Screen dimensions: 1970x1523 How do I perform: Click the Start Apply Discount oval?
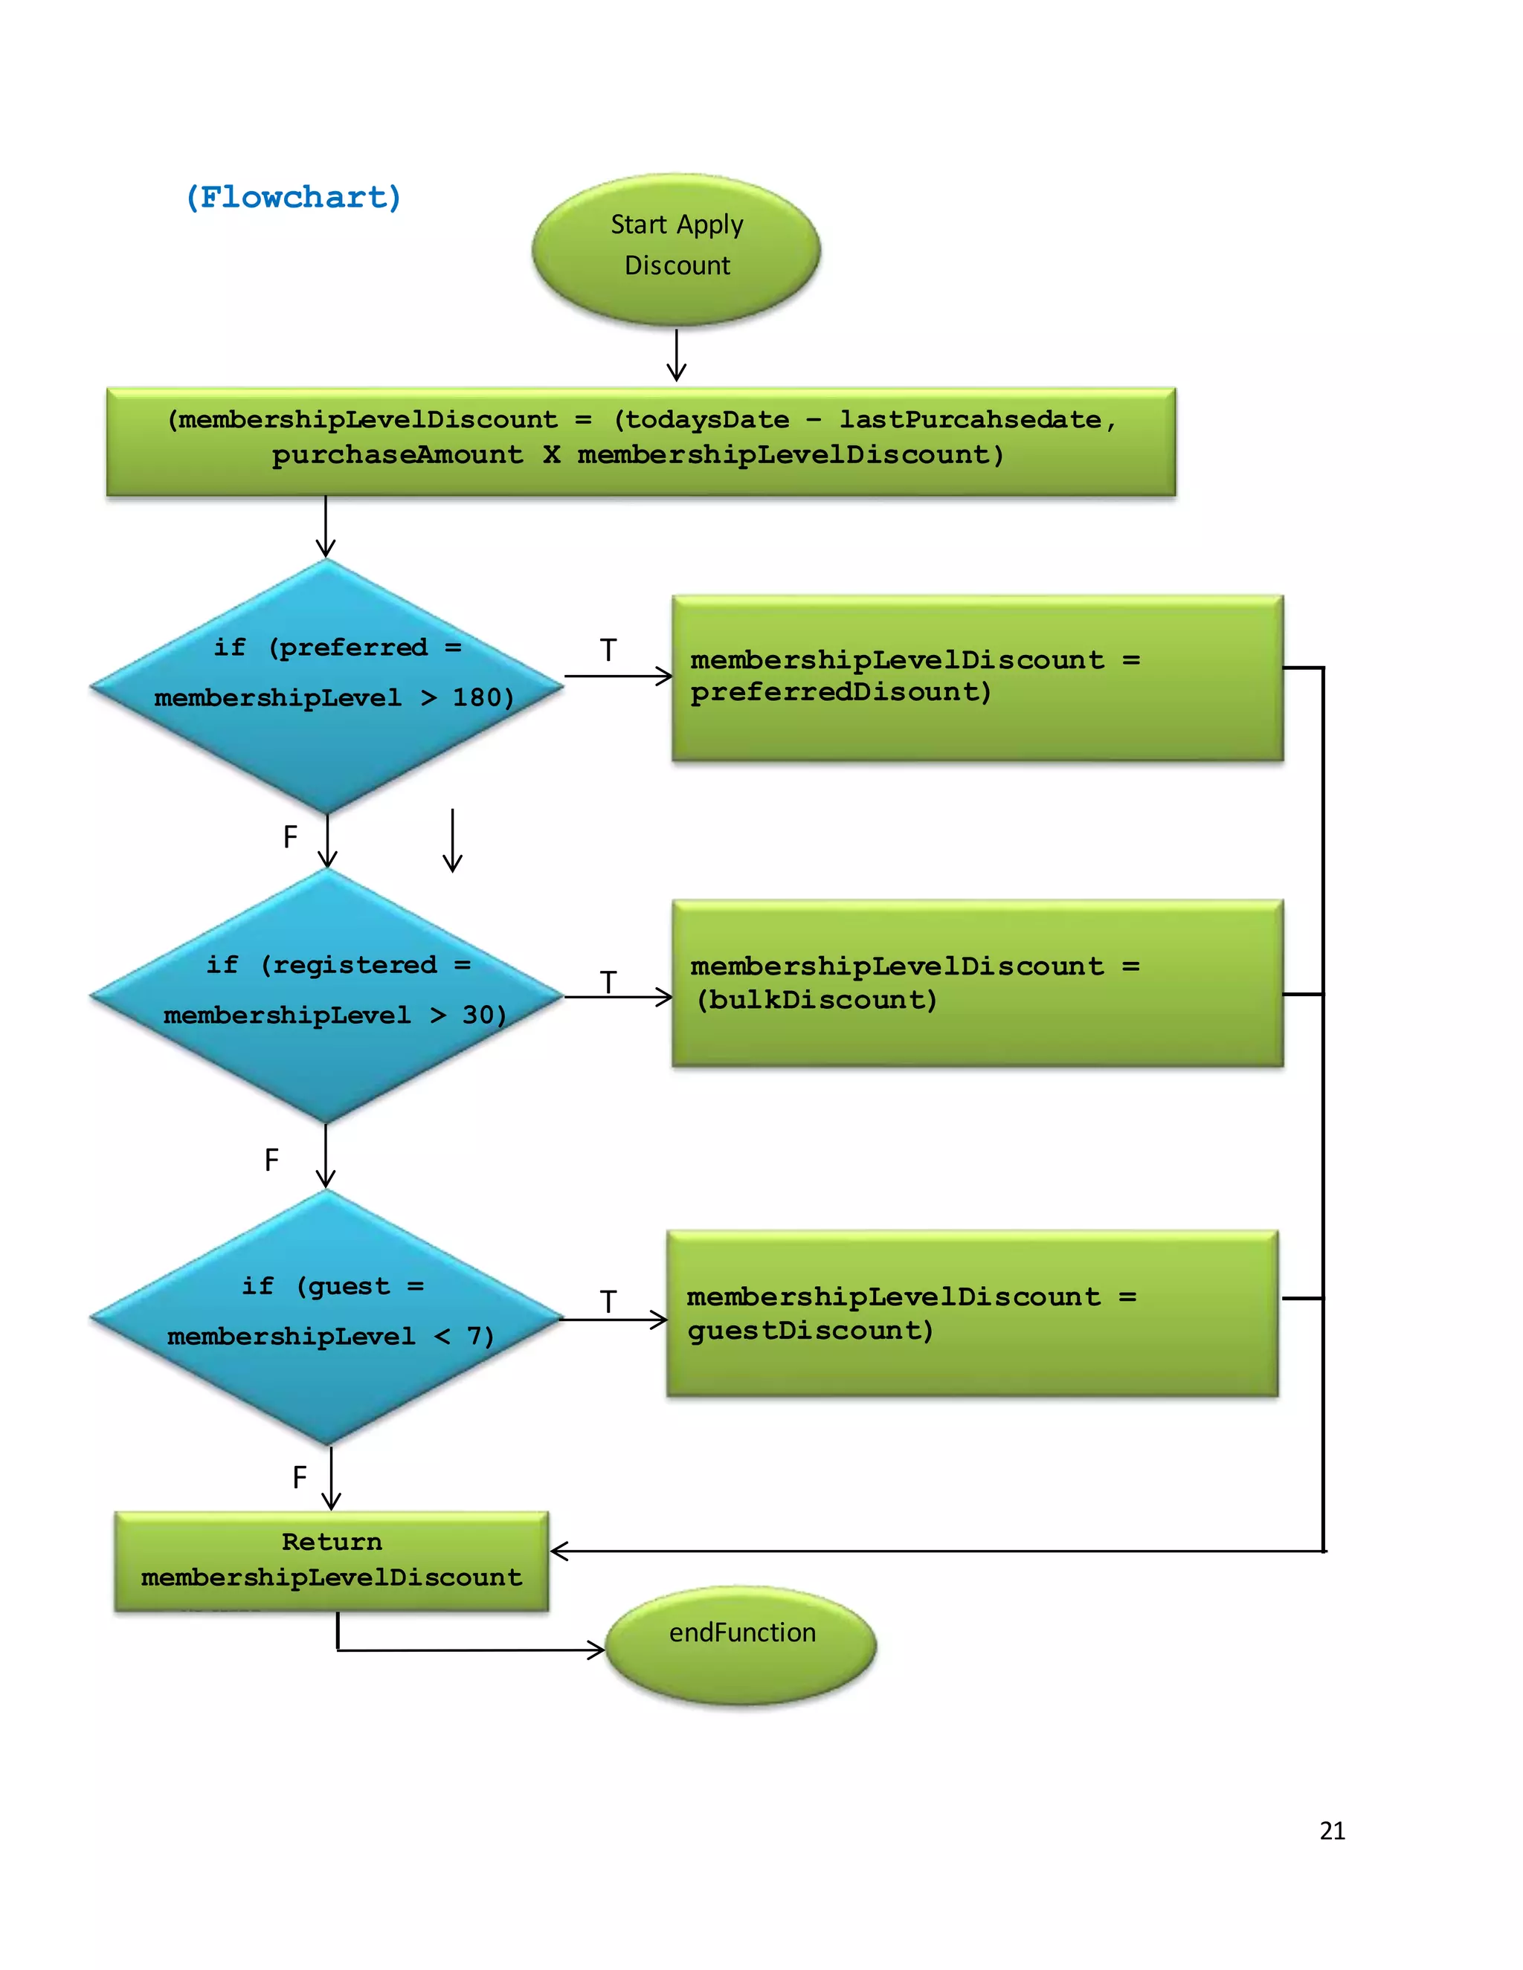[x=676, y=249]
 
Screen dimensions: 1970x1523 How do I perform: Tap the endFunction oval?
[x=741, y=1644]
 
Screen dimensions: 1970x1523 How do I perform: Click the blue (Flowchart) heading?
[x=293, y=197]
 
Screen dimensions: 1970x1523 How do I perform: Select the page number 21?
[x=1332, y=1830]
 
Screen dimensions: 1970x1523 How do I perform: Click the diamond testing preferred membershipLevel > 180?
[x=326, y=685]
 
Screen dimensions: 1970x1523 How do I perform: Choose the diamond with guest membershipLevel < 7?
[x=326, y=1317]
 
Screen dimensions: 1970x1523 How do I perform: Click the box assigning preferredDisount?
[x=977, y=677]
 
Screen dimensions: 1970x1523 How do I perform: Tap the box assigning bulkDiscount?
[x=977, y=984]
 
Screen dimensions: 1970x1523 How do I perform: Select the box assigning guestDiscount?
[x=972, y=1314]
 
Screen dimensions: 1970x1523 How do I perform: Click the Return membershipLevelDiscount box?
[x=331, y=1560]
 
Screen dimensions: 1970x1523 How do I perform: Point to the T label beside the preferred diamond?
[x=608, y=650]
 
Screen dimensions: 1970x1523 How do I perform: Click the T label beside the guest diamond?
[x=608, y=1302]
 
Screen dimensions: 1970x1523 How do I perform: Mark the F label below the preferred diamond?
[x=289, y=837]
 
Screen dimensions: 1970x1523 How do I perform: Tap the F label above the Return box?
[x=300, y=1478]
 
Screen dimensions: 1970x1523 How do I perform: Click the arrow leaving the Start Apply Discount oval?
[x=676, y=356]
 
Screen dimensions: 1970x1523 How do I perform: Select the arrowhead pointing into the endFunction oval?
[x=596, y=1650]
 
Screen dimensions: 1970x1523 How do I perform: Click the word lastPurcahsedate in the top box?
[x=970, y=419]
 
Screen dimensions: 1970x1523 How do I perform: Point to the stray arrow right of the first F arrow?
[x=452, y=841]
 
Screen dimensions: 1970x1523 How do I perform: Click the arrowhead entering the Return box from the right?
[x=559, y=1551]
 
